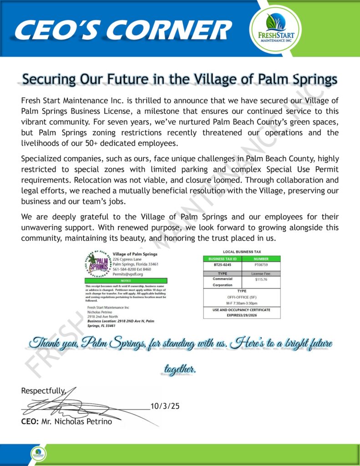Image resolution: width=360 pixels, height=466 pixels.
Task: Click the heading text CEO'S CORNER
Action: point(122,30)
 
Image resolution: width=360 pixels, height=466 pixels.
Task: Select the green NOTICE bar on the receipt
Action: point(126,281)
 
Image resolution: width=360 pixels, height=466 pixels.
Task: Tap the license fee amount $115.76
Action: point(261,280)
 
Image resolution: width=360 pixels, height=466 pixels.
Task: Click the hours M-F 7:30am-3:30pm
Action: point(242,303)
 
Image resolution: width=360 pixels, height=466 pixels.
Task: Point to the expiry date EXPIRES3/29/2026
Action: point(242,314)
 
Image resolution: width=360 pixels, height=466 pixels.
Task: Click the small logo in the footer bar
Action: point(38,453)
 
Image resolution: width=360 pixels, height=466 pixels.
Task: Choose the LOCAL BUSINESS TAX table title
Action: point(242,252)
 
